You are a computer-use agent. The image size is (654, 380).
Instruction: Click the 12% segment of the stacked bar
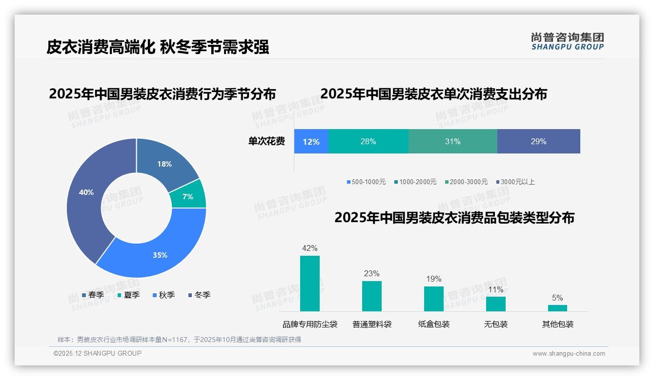click(x=311, y=141)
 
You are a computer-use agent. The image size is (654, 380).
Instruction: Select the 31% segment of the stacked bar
click(x=452, y=141)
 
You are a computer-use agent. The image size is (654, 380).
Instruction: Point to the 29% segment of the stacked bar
click(x=538, y=141)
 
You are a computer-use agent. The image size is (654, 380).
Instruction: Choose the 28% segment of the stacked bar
click(x=368, y=141)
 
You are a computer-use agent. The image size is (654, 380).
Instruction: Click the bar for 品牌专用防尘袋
click(x=310, y=284)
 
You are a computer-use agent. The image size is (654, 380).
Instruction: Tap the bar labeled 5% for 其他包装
click(x=557, y=308)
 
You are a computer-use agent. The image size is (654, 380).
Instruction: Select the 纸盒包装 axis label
click(x=434, y=324)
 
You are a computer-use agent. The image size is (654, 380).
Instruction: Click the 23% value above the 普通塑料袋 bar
click(x=371, y=274)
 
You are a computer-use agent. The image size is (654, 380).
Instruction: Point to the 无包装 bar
click(x=495, y=304)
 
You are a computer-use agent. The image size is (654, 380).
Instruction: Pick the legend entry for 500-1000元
click(x=366, y=182)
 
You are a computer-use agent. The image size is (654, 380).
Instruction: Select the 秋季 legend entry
click(x=163, y=295)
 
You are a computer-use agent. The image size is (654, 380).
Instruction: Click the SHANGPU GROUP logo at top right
click(x=567, y=41)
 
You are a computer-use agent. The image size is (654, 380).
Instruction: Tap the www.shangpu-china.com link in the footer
click(x=569, y=354)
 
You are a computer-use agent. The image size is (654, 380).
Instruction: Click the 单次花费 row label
click(x=266, y=141)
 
